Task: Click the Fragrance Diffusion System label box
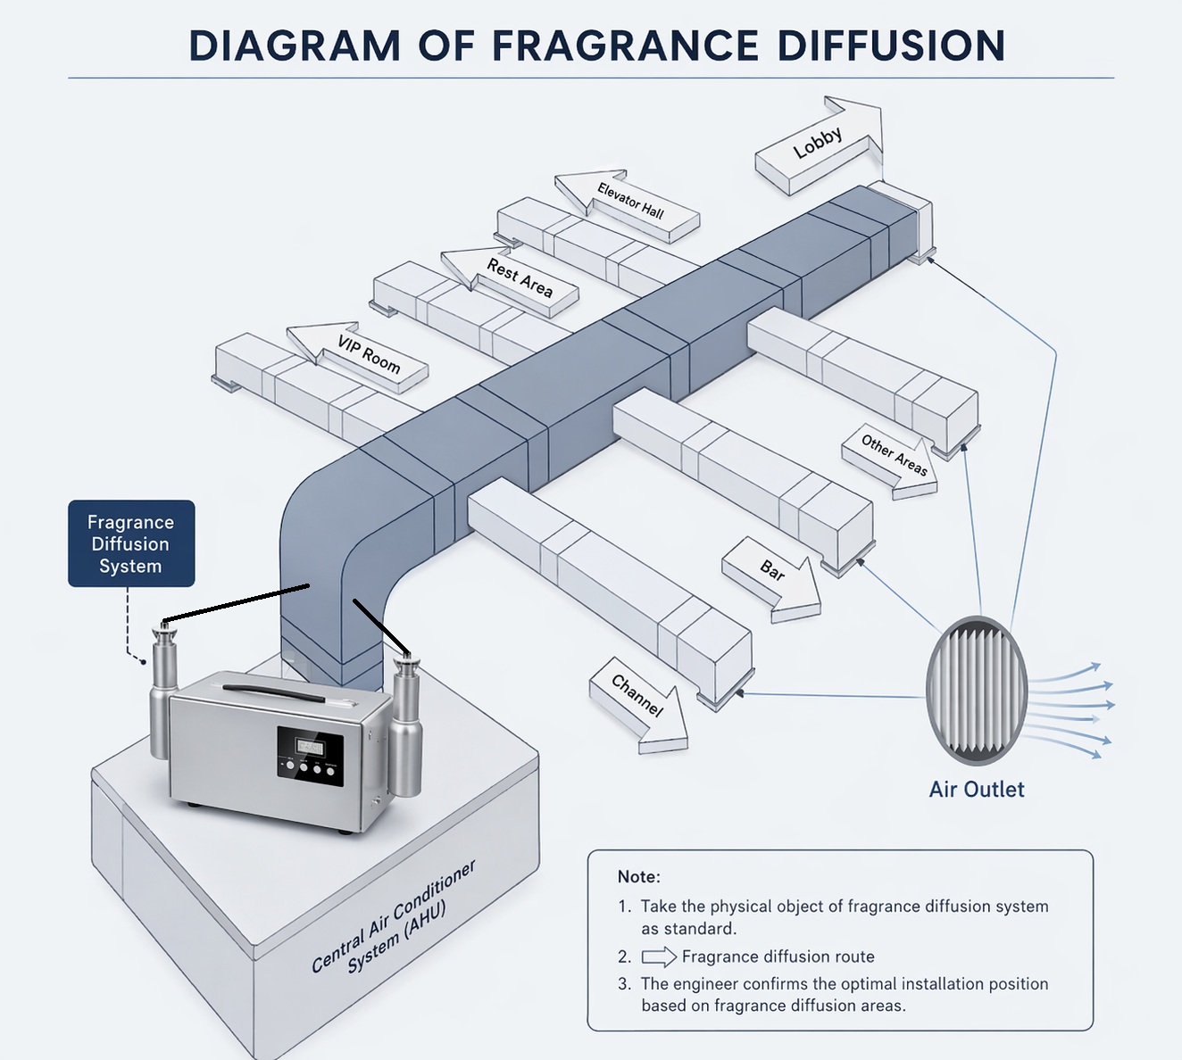click(x=131, y=543)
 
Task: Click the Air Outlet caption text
click(x=977, y=790)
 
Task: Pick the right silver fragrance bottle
click(x=407, y=723)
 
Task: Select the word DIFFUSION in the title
click(x=891, y=46)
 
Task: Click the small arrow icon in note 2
click(x=658, y=957)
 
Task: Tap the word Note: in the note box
click(x=638, y=877)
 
